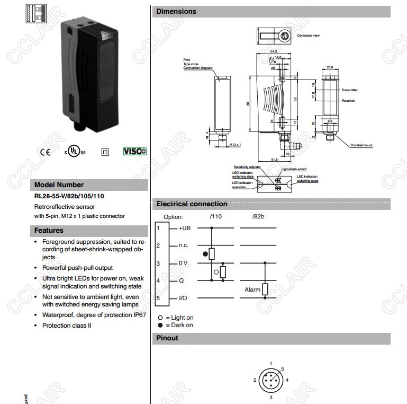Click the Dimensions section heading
(176, 11)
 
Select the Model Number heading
(59, 185)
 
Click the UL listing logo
(75, 152)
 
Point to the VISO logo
(135, 152)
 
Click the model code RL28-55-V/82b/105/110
(69, 195)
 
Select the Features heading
(49, 231)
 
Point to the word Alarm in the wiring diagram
(252, 290)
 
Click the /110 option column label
(215, 217)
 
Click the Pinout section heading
(167, 338)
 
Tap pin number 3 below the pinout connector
(271, 397)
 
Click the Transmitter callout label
(349, 90)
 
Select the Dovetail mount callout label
(361, 145)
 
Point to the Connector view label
(308, 36)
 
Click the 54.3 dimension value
(273, 51)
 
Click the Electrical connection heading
(192, 204)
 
